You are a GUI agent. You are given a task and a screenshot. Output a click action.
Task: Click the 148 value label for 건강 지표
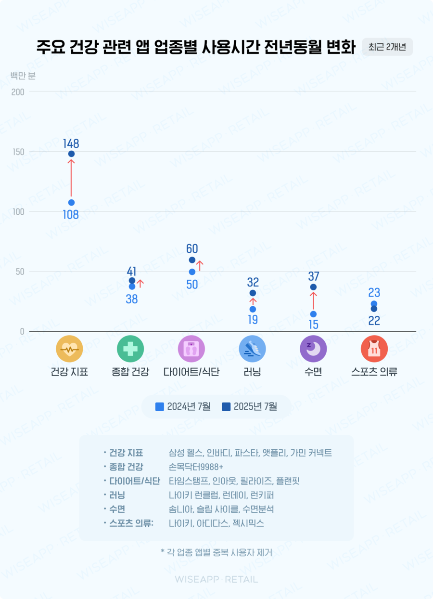(71, 143)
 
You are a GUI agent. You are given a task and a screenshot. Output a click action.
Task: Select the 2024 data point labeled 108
(71, 203)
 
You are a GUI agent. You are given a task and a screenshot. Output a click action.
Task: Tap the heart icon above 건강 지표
(69, 349)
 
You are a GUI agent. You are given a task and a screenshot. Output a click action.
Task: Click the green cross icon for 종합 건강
(130, 349)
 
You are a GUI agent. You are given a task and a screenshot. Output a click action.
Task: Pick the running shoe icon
(253, 349)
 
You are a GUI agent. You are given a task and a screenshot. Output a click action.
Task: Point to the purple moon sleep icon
(313, 349)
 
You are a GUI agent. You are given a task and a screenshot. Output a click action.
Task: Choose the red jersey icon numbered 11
(374, 349)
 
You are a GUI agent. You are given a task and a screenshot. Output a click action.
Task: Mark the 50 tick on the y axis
(19, 272)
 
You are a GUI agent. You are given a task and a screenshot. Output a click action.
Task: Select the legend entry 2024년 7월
(183, 407)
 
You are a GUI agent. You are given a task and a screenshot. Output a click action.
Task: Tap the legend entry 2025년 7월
(250, 407)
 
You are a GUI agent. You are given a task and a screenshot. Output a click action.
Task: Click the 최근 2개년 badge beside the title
(387, 47)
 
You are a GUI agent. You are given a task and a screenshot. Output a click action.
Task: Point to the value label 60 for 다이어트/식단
(192, 249)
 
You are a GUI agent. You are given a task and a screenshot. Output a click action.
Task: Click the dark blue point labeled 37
(313, 287)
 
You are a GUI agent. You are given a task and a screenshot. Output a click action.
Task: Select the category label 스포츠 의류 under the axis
(374, 372)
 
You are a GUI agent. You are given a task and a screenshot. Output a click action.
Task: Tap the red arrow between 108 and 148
(71, 178)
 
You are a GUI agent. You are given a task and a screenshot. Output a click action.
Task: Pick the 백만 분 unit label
(23, 76)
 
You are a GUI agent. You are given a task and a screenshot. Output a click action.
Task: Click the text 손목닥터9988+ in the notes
(196, 467)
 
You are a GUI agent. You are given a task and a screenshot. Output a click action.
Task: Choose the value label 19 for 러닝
(253, 319)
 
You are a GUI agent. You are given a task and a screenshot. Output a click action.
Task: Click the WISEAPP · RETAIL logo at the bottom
(216, 579)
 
